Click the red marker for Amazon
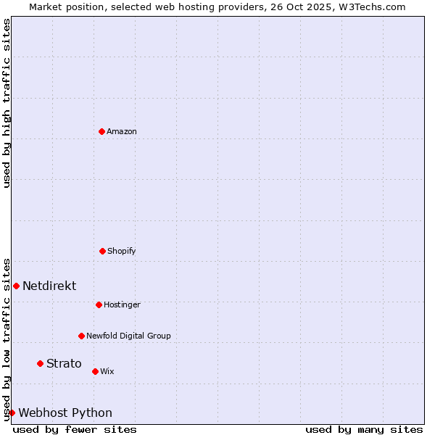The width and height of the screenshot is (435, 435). pyautogui.click(x=101, y=131)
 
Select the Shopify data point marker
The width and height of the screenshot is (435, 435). pyautogui.click(x=102, y=251)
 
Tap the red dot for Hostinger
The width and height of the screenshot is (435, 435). pyautogui.click(x=99, y=304)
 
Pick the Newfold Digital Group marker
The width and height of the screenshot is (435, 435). pyautogui.click(x=81, y=336)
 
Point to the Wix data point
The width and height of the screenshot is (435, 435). pyautogui.click(x=95, y=371)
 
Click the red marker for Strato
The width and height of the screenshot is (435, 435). pyautogui.click(x=40, y=363)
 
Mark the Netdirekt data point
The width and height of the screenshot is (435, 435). pyautogui.click(x=16, y=286)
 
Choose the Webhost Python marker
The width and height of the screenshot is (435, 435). pyautogui.click(x=12, y=413)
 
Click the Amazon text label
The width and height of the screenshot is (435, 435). pyautogui.click(x=122, y=131)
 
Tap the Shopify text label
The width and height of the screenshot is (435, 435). pyautogui.click(x=122, y=251)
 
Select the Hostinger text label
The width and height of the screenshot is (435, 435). pyautogui.click(x=122, y=304)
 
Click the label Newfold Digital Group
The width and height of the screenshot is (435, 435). pyautogui.click(x=128, y=336)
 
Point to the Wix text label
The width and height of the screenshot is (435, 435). pyautogui.click(x=107, y=371)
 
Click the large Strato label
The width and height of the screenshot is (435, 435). pyautogui.click(x=64, y=363)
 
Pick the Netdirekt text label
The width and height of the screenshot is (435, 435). pyautogui.click(x=49, y=286)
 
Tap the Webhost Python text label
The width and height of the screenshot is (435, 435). pyautogui.click(x=65, y=413)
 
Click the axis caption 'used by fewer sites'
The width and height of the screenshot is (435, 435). pyautogui.click(x=75, y=429)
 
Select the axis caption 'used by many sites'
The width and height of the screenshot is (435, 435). pyautogui.click(x=364, y=429)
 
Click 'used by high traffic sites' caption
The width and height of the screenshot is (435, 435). pyautogui.click(x=7, y=103)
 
